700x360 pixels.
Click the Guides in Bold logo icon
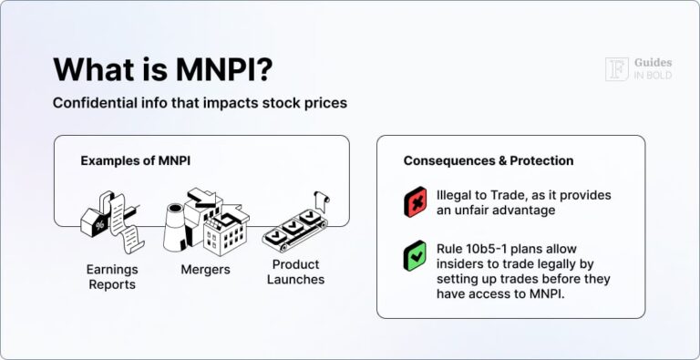(616, 69)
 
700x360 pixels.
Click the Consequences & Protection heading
(489, 160)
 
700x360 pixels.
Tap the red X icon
(415, 202)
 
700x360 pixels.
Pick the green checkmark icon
(415, 257)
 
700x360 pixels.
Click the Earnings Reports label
(112, 277)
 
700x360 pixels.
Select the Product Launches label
(295, 272)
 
